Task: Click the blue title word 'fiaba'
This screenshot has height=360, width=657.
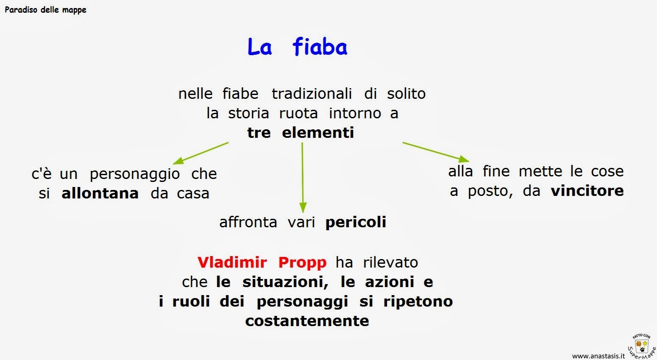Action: pyautogui.click(x=320, y=47)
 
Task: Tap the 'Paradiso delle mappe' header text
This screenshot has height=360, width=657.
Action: pyautogui.click(x=45, y=10)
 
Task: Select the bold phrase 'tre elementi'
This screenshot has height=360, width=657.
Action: pyautogui.click(x=301, y=133)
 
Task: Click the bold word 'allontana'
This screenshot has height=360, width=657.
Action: pyautogui.click(x=100, y=193)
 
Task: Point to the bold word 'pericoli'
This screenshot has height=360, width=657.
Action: pyautogui.click(x=356, y=222)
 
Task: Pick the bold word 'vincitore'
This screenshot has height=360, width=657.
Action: pyautogui.click(x=587, y=191)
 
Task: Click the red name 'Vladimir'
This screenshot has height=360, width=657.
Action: pyautogui.click(x=232, y=262)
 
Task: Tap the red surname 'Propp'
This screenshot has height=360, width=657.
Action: pyautogui.click(x=302, y=263)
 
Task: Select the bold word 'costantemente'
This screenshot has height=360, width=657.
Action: pyautogui.click(x=307, y=321)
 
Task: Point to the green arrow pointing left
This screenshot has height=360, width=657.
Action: pyautogui.click(x=201, y=153)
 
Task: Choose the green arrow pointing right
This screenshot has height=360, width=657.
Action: pyautogui.click(x=436, y=152)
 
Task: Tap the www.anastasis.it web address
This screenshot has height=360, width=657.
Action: pyautogui.click(x=599, y=356)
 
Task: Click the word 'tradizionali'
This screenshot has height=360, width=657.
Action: pyautogui.click(x=312, y=93)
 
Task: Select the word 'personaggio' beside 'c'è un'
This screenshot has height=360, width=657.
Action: pyautogui.click(x=135, y=174)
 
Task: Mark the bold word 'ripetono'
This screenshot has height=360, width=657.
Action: pyautogui.click(x=418, y=301)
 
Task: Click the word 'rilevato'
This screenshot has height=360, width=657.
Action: pyautogui.click(x=390, y=262)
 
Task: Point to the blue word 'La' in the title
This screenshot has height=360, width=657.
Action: pyautogui.click(x=259, y=47)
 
